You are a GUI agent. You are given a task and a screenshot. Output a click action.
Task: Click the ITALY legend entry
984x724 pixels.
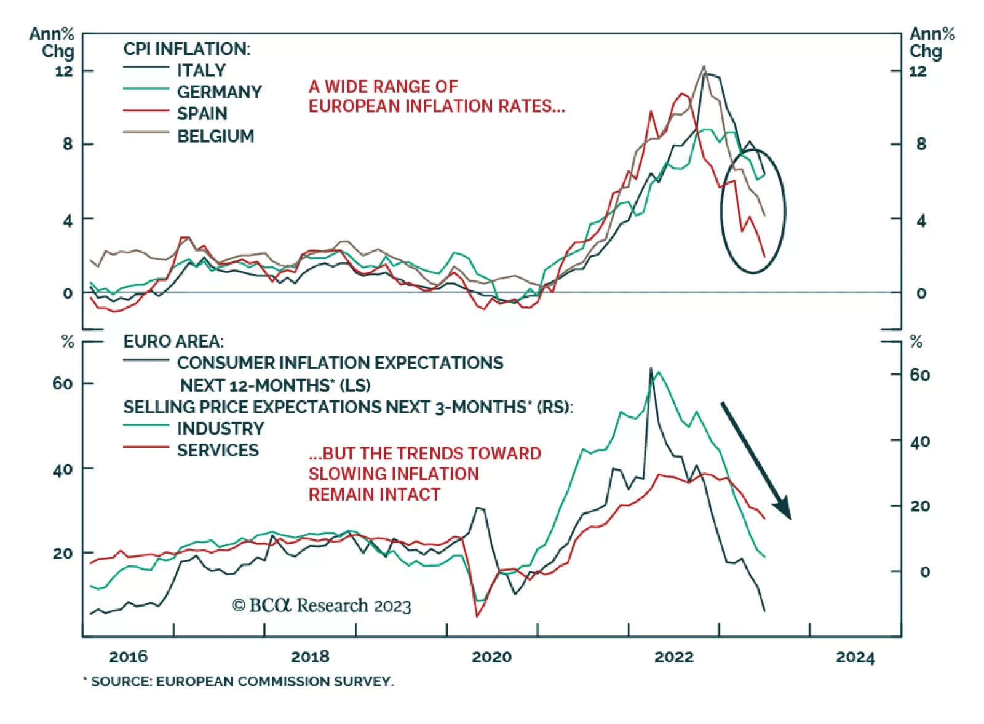[x=201, y=70]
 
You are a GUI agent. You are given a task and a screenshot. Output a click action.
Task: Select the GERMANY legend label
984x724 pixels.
[x=219, y=92]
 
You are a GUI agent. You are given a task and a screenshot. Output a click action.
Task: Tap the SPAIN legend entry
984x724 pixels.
[x=202, y=114]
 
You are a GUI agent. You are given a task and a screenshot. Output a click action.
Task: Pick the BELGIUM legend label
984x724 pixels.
[x=215, y=136]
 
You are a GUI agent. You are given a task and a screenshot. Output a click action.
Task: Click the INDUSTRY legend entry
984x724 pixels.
[x=220, y=428]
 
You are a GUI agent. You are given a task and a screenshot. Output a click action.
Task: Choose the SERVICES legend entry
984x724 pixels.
[x=218, y=450]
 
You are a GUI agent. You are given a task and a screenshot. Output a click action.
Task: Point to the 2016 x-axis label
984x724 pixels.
[x=128, y=656]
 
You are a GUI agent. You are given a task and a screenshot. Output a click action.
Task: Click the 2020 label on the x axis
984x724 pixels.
[x=491, y=656]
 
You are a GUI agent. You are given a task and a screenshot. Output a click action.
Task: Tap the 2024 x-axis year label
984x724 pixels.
[x=855, y=657]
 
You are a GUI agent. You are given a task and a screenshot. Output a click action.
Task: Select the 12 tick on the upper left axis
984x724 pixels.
[x=64, y=71]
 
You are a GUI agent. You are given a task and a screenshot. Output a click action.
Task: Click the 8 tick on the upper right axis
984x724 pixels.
[x=921, y=144]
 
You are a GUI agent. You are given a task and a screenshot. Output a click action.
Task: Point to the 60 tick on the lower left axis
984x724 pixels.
[x=63, y=383]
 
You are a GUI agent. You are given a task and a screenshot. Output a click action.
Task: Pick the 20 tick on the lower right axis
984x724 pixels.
[x=920, y=506]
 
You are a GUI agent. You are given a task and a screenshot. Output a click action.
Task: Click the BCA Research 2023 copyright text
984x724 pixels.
[x=321, y=606]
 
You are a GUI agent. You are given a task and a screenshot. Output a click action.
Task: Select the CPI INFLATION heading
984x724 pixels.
[x=187, y=49]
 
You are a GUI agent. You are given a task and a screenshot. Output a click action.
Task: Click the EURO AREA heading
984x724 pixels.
[x=173, y=341]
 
